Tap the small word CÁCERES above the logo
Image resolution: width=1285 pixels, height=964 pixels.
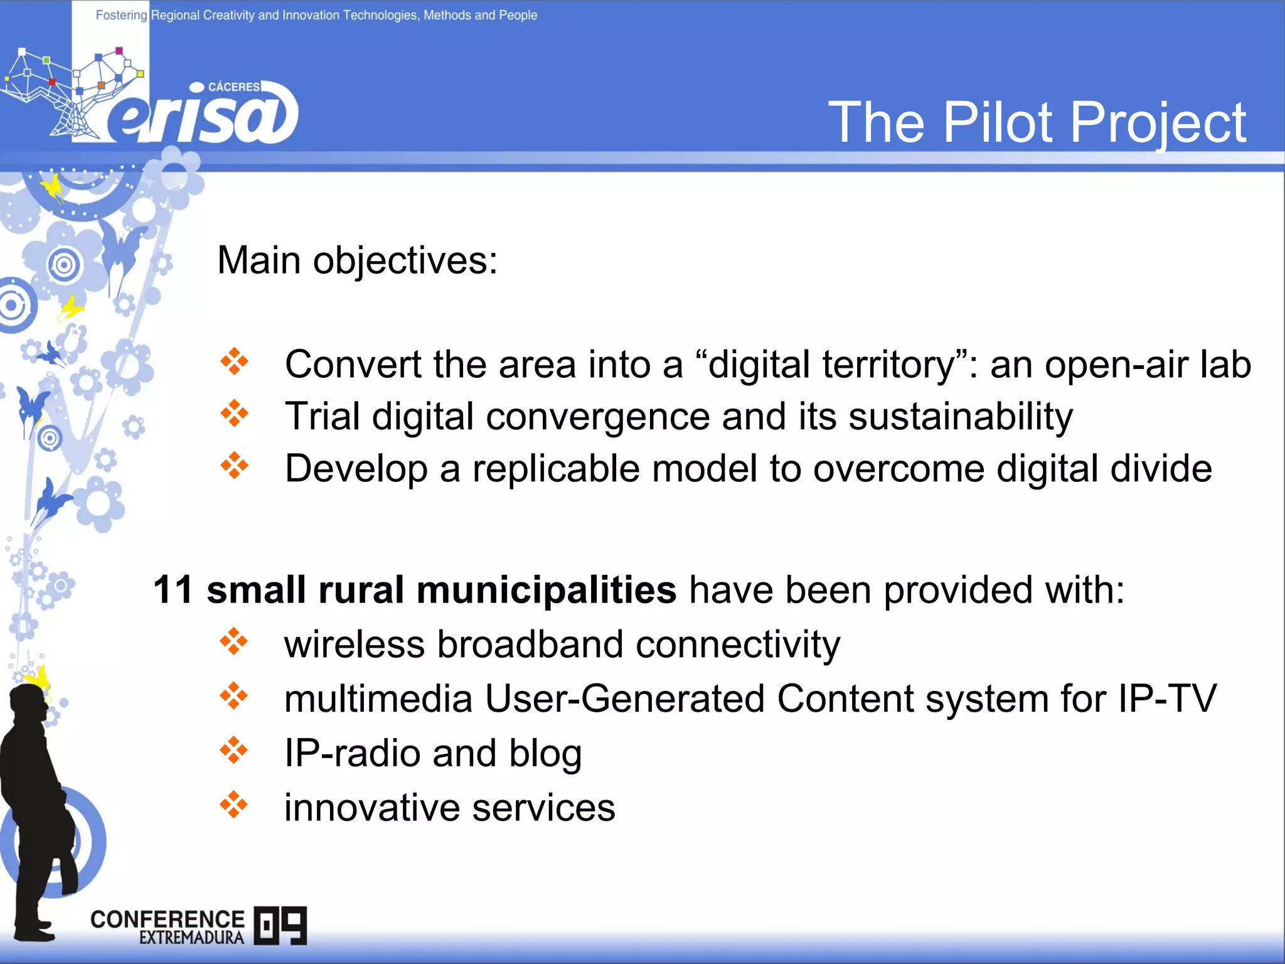(233, 87)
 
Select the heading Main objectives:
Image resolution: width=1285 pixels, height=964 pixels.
(357, 260)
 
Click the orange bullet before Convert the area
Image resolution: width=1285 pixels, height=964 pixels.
(235, 362)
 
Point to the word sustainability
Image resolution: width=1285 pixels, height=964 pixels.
(961, 417)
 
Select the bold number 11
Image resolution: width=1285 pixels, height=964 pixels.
(173, 590)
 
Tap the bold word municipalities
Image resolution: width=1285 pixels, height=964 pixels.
(546, 590)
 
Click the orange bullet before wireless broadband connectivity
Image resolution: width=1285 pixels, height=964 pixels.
(234, 642)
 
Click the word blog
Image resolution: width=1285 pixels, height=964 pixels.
(545, 753)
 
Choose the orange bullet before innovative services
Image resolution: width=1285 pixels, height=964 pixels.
(234, 805)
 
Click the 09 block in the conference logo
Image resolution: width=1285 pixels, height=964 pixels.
(280, 925)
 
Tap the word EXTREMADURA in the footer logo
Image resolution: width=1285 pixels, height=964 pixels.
(191, 938)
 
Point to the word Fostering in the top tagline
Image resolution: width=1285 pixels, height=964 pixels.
(120, 15)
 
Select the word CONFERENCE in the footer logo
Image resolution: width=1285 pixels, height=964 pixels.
(167, 919)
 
